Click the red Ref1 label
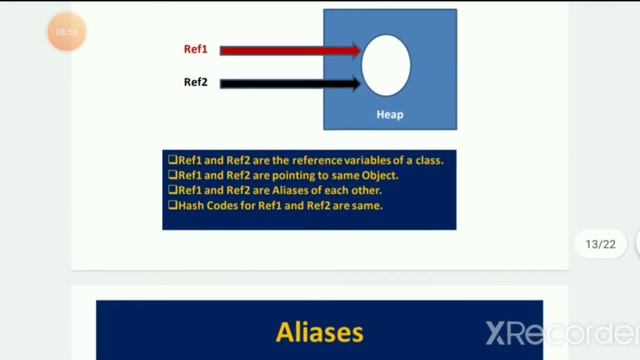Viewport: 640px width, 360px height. (195, 49)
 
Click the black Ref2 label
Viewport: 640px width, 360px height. (195, 82)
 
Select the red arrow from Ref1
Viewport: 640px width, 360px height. (289, 50)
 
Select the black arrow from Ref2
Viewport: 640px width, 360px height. (289, 84)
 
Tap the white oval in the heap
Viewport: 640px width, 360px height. (386, 64)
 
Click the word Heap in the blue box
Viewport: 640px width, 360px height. (390, 114)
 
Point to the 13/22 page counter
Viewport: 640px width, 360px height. (601, 244)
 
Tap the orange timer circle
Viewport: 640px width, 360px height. (67, 32)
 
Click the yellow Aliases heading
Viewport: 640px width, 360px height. (319, 331)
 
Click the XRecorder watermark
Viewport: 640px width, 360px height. (561, 333)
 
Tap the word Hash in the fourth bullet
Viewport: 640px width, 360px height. (191, 205)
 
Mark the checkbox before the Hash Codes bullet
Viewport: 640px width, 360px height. (172, 205)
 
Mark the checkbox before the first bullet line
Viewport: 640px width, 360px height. (172, 159)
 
